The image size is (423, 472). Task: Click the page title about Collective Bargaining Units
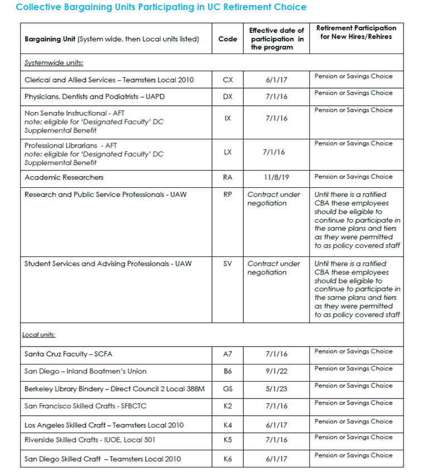pos(161,7)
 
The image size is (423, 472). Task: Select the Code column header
pos(228,39)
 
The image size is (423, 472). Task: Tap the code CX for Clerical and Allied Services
pos(228,80)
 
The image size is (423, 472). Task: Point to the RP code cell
pos(228,194)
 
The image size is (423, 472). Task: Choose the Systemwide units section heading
pos(54,63)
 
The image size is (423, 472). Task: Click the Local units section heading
pos(39,335)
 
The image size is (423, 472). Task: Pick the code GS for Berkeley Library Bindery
pos(228,388)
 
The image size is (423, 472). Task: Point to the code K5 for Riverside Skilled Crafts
pos(228,440)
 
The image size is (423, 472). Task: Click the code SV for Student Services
pos(228,264)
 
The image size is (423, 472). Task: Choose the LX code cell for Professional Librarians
pos(228,152)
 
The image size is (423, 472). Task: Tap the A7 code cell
pos(228,354)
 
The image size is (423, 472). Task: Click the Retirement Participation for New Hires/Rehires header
pos(356,32)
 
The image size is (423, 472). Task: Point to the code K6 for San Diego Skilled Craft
pos(228,459)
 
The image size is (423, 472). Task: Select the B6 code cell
pos(228,371)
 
